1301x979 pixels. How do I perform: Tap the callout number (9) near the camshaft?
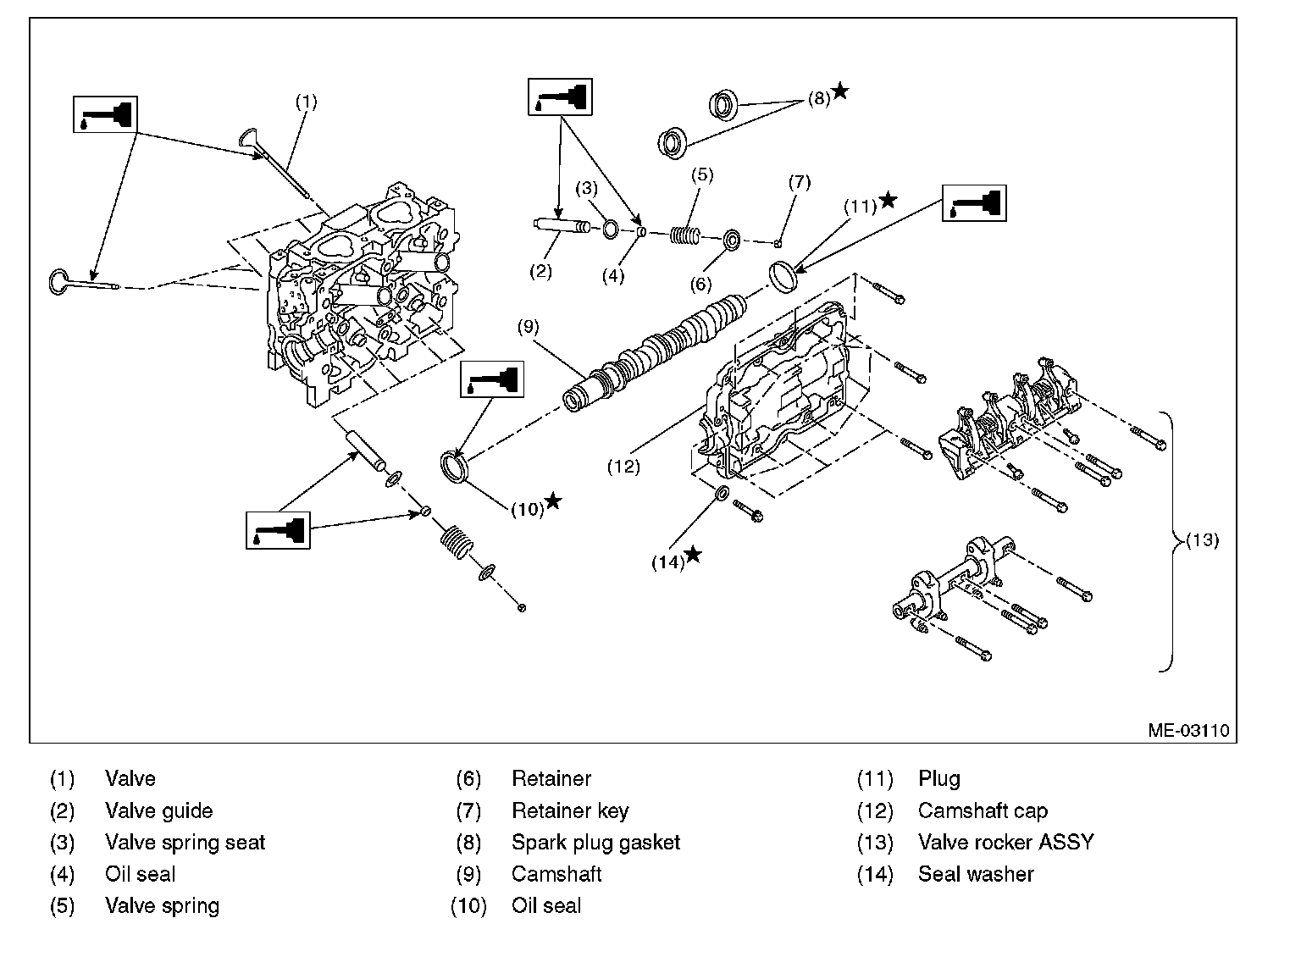pyautogui.click(x=528, y=326)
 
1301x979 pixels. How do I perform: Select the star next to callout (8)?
pyautogui.click(x=839, y=91)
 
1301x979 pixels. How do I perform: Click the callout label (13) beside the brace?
pyautogui.click(x=1202, y=540)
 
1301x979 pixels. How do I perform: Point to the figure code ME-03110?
pyautogui.click(x=1188, y=730)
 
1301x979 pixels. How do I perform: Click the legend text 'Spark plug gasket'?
pyautogui.click(x=595, y=843)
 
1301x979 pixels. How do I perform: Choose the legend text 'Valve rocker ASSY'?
pyautogui.click(x=1005, y=843)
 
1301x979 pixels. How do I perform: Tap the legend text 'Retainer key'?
pyautogui.click(x=570, y=811)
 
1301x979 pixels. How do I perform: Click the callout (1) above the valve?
pyautogui.click(x=306, y=102)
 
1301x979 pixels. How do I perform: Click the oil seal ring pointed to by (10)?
pyautogui.click(x=457, y=467)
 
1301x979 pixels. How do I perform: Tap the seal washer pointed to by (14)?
pyautogui.click(x=722, y=494)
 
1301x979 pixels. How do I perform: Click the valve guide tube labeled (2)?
pyautogui.click(x=558, y=227)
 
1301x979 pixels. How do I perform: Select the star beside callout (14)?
pyautogui.click(x=693, y=555)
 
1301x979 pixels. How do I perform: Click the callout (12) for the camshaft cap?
pyautogui.click(x=623, y=466)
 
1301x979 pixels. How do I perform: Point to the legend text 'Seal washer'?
pyautogui.click(x=976, y=874)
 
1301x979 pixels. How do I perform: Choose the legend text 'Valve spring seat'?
pyautogui.click(x=185, y=843)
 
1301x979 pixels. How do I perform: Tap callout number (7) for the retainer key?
pyautogui.click(x=799, y=182)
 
